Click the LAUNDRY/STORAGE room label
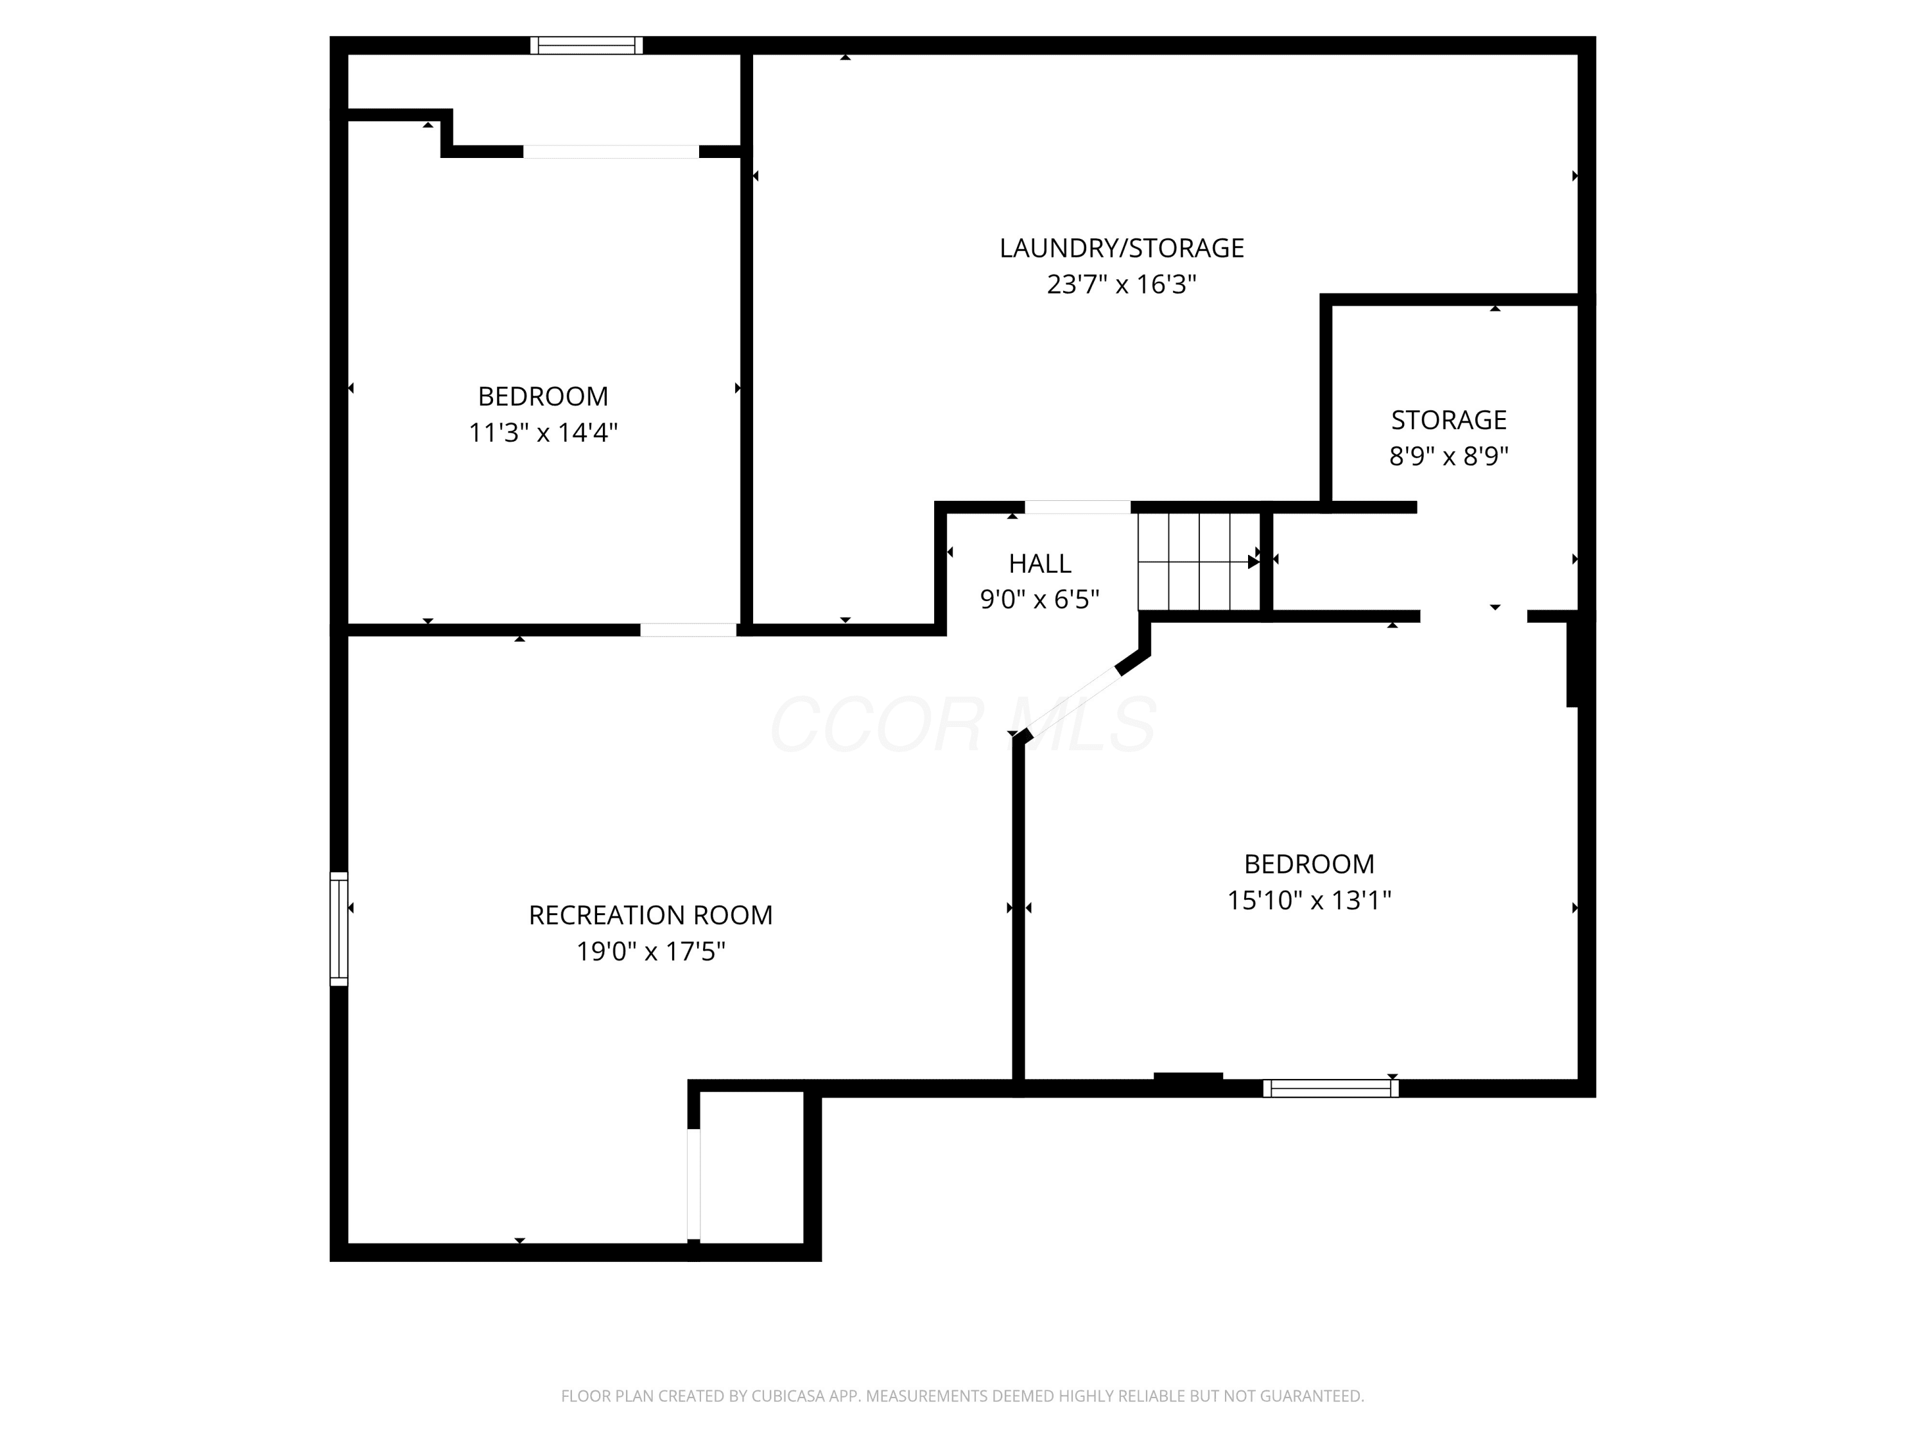[x=1122, y=249]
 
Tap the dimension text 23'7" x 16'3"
[x=1122, y=285]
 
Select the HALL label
[x=1039, y=563]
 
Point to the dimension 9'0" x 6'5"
[x=1039, y=599]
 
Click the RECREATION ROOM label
[x=650, y=915]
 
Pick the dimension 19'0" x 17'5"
[x=650, y=951]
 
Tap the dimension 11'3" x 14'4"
[x=543, y=433]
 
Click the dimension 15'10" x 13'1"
[x=1308, y=900]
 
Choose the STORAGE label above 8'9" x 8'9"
[x=1449, y=420]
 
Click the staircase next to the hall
[x=1199, y=562]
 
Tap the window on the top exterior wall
[x=587, y=46]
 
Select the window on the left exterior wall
[x=339, y=929]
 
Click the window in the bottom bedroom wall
[x=1330, y=1088]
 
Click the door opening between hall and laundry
[x=1077, y=507]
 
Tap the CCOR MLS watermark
[x=963, y=724]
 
